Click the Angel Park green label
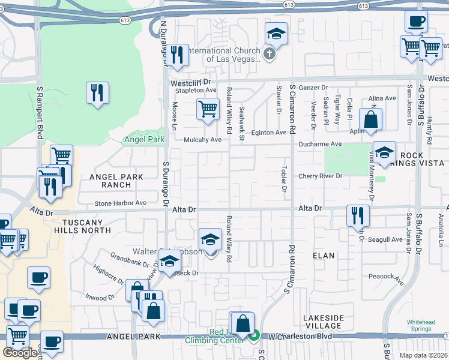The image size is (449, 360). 143,140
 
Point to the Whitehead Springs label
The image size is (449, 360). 421,326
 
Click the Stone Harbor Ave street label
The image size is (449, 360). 120,203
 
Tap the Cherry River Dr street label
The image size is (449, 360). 321,176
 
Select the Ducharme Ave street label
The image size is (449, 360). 320,144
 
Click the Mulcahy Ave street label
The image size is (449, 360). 202,139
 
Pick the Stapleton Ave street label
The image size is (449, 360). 195,90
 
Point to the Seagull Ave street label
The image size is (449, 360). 385,239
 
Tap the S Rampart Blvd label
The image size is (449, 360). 39,112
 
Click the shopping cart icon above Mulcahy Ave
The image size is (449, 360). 208,109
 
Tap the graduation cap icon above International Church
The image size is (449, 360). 276,34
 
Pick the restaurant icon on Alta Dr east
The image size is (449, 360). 357,214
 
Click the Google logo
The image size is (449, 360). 20,353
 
